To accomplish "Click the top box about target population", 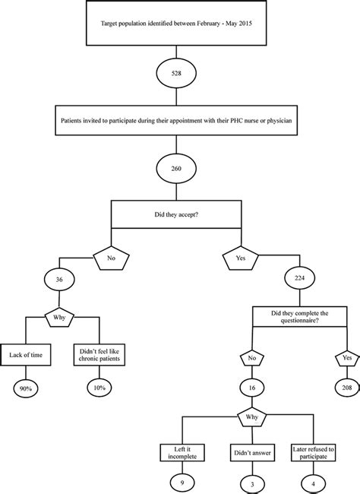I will [x=178, y=25].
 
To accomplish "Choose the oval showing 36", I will [x=58, y=279].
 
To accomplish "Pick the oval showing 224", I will [x=300, y=279].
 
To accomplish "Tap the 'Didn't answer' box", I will [x=251, y=453].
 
